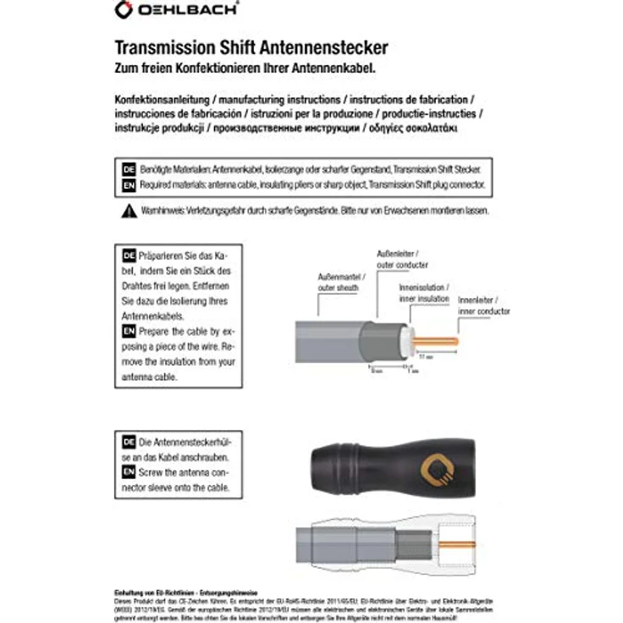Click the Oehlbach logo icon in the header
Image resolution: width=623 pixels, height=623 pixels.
[124, 10]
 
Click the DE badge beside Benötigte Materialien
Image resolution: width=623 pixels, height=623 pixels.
[130, 168]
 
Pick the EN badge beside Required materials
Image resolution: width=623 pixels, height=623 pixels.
[130, 184]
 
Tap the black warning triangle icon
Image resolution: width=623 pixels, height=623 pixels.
[129, 209]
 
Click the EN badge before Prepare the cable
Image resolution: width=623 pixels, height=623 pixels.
[130, 331]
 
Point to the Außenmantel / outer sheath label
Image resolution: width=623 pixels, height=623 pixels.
[338, 283]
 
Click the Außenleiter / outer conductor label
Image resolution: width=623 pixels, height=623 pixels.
[403, 259]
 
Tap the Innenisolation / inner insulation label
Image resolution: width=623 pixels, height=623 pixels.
[423, 293]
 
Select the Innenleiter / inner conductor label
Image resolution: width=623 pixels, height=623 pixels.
[483, 306]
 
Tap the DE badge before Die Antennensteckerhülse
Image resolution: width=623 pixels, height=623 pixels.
[130, 441]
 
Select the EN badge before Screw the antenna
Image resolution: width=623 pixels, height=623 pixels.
[130, 471]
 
